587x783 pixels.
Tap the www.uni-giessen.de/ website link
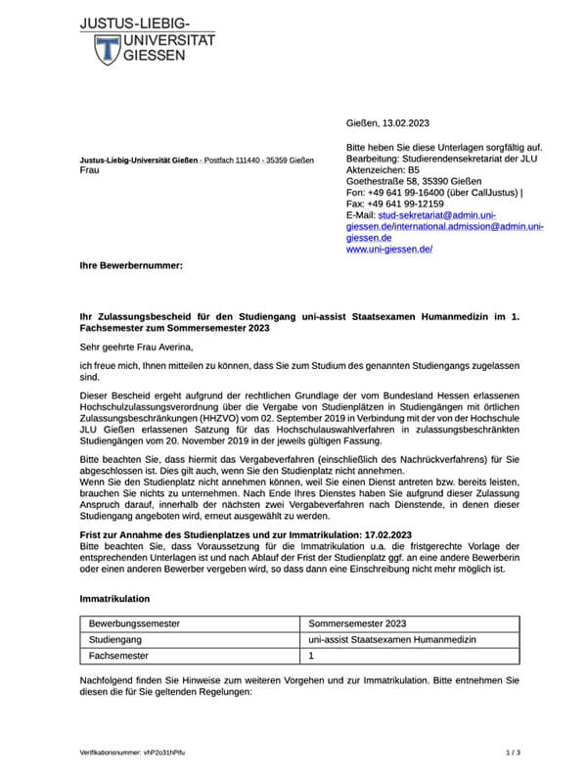pos(389,250)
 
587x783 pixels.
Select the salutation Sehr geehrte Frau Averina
pos(145,346)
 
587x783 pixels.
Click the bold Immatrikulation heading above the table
pos(114,597)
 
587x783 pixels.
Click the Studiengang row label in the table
pos(119,639)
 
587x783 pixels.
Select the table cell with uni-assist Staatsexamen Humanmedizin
pos(391,639)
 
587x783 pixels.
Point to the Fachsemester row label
pos(123,657)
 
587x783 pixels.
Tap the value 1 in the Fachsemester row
pos(311,657)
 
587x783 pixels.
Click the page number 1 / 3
pos(513,753)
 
